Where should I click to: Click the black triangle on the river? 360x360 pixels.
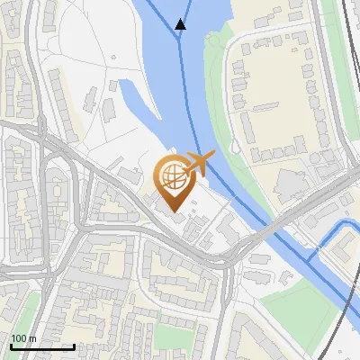click(181, 24)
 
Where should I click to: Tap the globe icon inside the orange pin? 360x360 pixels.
click(172, 173)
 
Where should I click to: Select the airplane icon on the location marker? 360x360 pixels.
click(201, 164)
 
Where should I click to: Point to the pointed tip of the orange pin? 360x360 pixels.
click(174, 211)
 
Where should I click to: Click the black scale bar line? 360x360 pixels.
click(41, 346)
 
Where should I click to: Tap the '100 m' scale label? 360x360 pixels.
click(23, 338)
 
